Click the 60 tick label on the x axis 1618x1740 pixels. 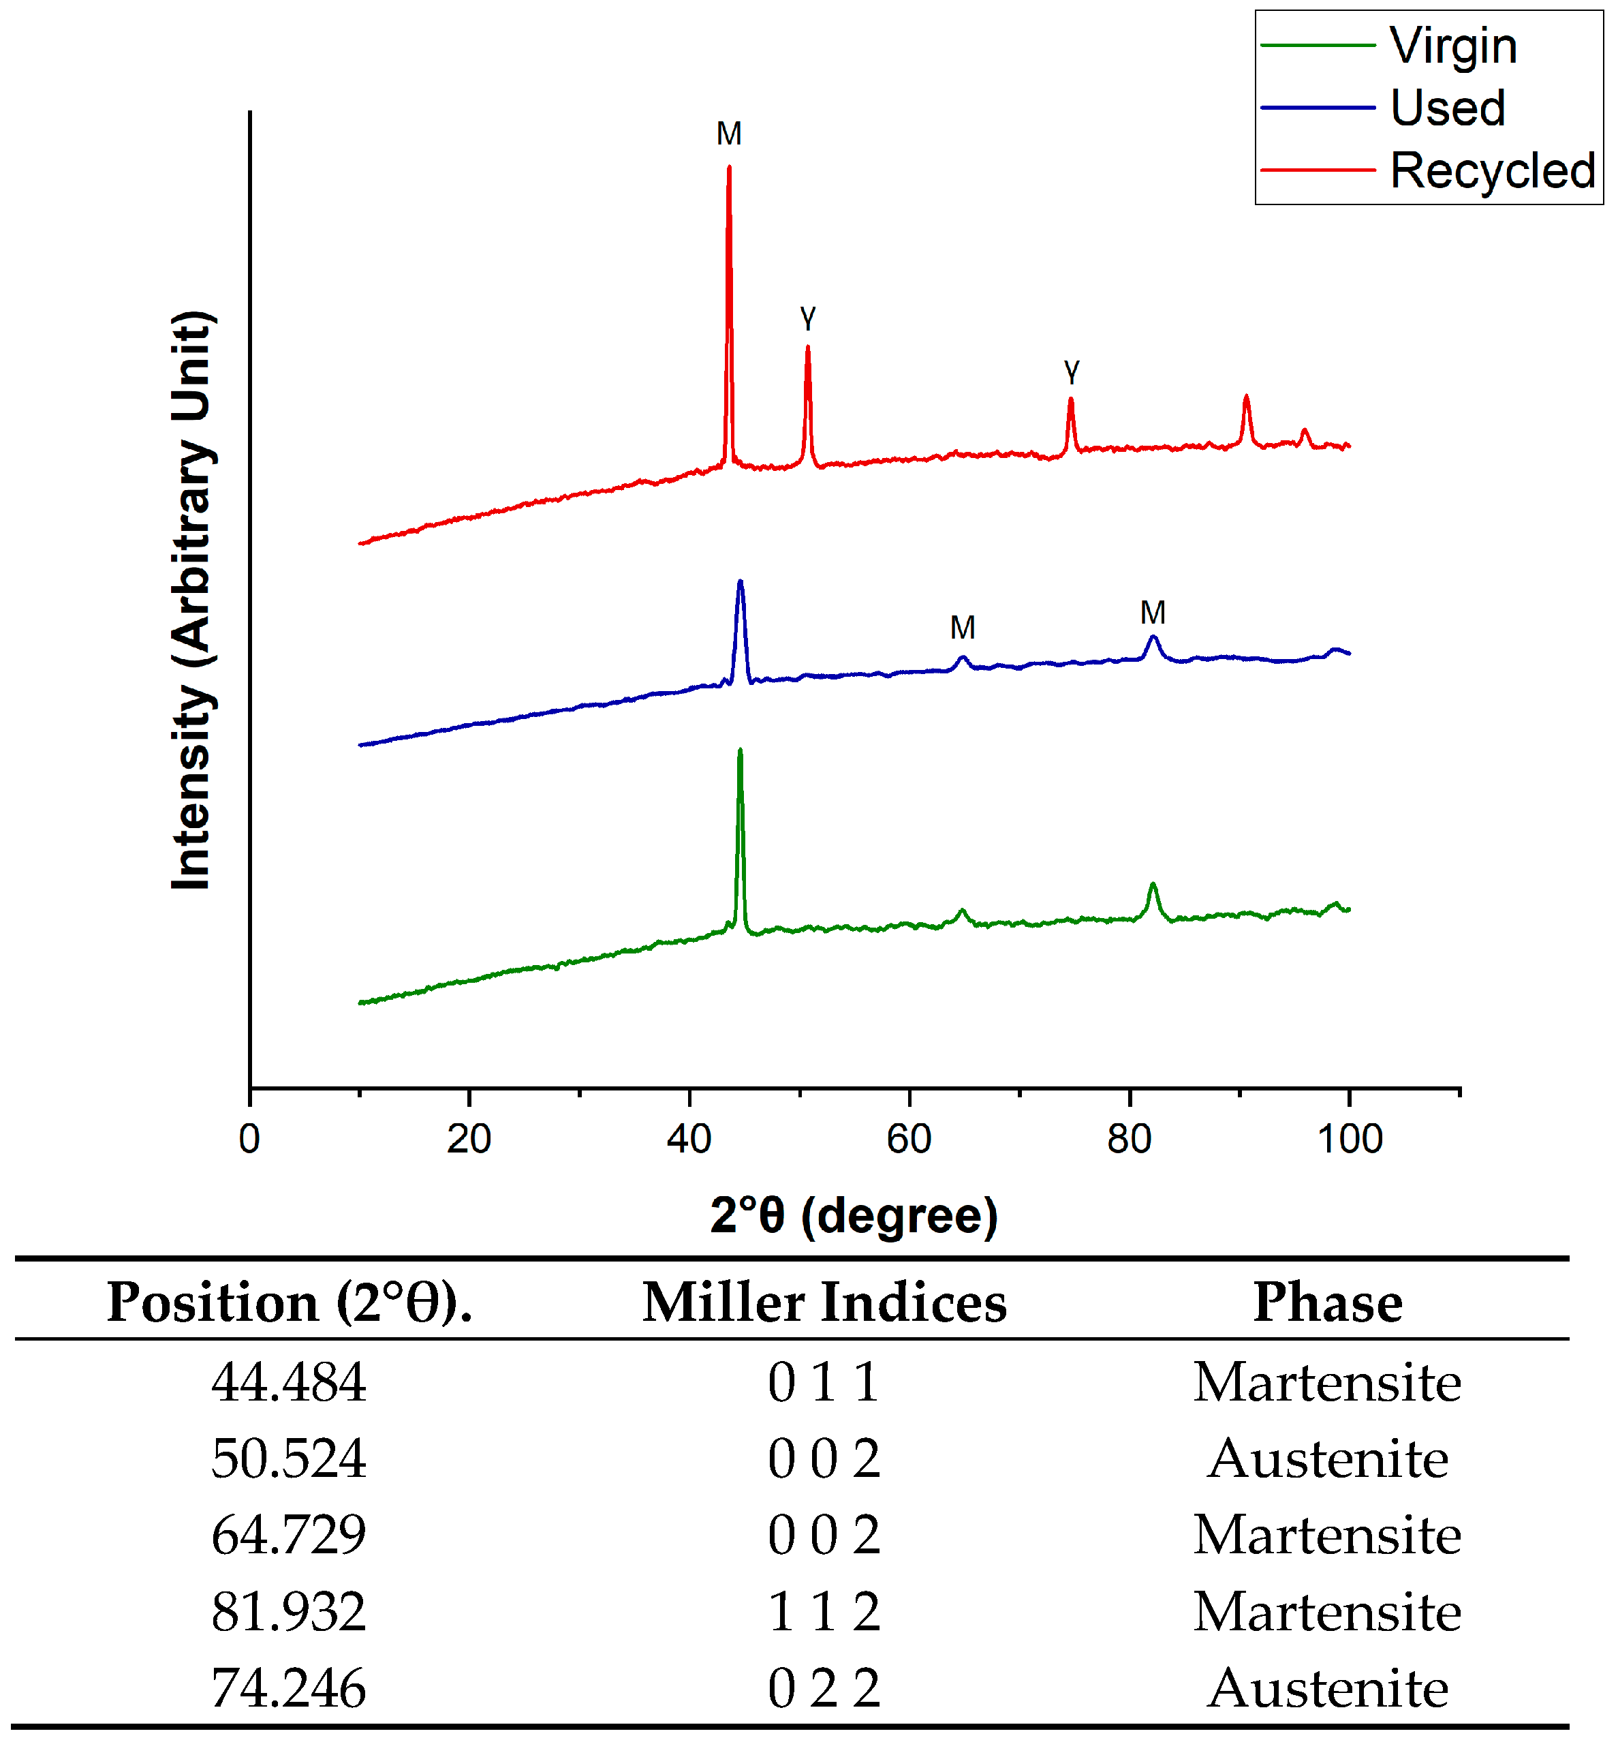[x=907, y=1139]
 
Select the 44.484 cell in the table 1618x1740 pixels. [x=288, y=1382]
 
